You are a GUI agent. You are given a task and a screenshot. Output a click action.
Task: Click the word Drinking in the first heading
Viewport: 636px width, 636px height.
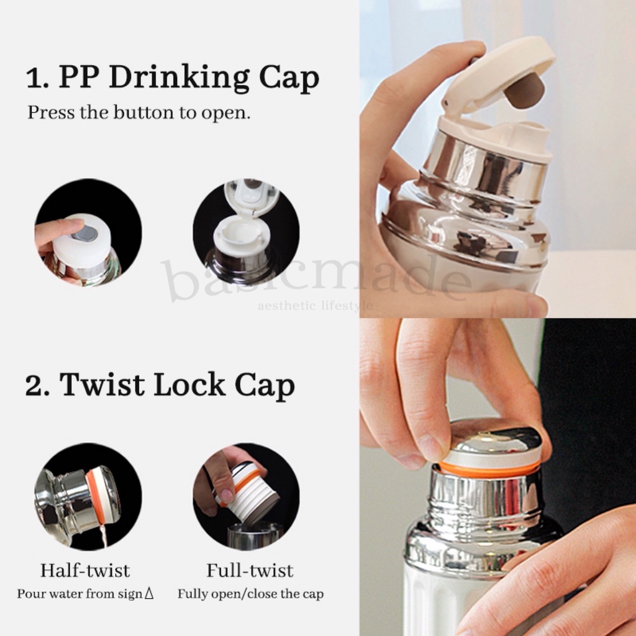tap(179, 78)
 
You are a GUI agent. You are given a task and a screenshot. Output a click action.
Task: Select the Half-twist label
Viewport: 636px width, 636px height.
tap(85, 570)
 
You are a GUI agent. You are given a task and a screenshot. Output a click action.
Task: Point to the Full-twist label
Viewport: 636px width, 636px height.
tap(250, 570)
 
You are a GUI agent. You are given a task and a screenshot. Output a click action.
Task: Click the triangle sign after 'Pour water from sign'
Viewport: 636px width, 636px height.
tap(149, 594)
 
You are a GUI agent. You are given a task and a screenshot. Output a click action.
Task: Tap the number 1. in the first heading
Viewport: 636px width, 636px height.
tap(38, 78)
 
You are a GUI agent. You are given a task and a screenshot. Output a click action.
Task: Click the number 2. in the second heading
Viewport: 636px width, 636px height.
tap(38, 385)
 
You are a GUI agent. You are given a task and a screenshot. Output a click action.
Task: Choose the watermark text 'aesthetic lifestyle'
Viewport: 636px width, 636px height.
tap(315, 306)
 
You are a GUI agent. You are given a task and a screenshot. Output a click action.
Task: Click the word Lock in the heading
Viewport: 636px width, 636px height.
tap(189, 384)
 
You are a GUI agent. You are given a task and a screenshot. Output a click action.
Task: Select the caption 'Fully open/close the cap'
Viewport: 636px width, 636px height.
tap(251, 594)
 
